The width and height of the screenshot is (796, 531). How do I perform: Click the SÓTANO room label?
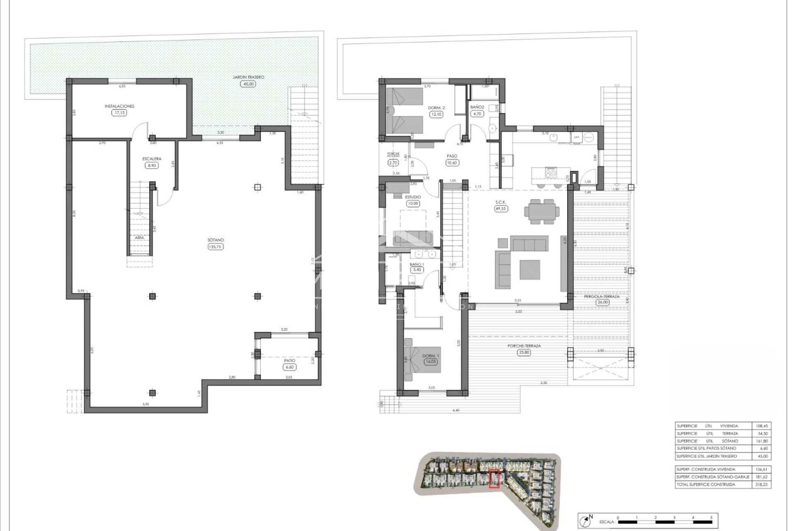pyautogui.click(x=216, y=240)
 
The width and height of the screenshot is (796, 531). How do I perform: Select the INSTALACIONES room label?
pyautogui.click(x=119, y=106)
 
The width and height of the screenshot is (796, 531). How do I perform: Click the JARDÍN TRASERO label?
pyautogui.click(x=248, y=77)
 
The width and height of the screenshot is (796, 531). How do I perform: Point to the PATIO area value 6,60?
pyautogui.click(x=289, y=367)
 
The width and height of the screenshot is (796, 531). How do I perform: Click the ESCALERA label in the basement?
pyautogui.click(x=152, y=158)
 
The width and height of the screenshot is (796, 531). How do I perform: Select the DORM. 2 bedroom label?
pyautogui.click(x=436, y=108)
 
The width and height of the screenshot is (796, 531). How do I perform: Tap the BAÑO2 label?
pyautogui.click(x=478, y=107)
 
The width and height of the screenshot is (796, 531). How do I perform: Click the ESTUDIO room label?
pyautogui.click(x=413, y=197)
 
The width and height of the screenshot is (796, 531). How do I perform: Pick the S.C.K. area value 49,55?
pyautogui.click(x=501, y=209)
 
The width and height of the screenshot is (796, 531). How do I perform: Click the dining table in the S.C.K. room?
pyautogui.click(x=541, y=212)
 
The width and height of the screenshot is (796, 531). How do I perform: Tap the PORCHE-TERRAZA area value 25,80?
pyautogui.click(x=524, y=353)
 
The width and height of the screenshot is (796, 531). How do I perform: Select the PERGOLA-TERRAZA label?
pyautogui.click(x=602, y=296)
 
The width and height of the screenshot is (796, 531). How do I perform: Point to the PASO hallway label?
pyautogui.click(x=452, y=156)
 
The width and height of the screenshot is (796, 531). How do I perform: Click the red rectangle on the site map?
pyautogui.click(x=494, y=479)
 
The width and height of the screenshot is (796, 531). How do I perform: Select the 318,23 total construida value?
pyautogui.click(x=762, y=484)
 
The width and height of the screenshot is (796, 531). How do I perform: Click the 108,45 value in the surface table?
pyautogui.click(x=762, y=426)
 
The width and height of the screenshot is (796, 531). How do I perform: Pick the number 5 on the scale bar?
pyautogui.click(x=711, y=518)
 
